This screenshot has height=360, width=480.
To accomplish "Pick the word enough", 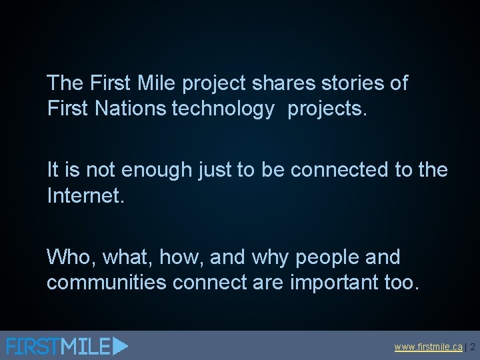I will [x=155, y=171].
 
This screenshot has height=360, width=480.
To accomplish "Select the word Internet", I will [x=85, y=195].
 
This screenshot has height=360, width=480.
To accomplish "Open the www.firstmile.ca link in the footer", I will [x=428, y=347].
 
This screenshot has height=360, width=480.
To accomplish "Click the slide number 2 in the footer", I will [x=472, y=347].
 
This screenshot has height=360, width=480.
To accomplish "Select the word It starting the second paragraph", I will [x=53, y=171].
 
